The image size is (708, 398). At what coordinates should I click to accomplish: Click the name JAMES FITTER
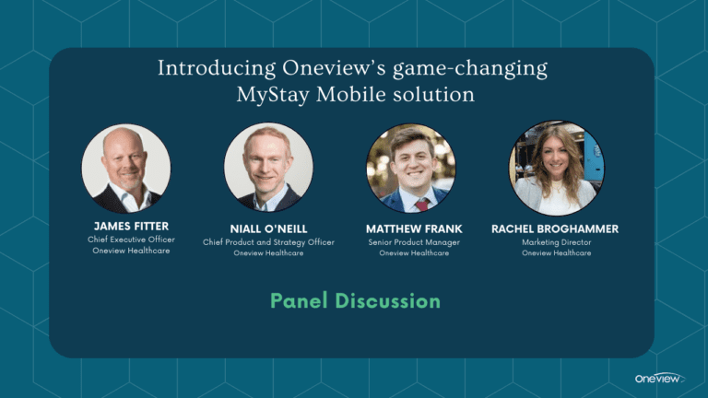(x=132, y=226)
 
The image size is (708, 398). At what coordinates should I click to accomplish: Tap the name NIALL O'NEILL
(x=268, y=228)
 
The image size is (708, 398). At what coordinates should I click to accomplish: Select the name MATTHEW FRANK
(x=414, y=228)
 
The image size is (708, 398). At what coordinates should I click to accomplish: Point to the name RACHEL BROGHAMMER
(x=555, y=228)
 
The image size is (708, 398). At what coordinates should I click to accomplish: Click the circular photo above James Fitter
(x=126, y=169)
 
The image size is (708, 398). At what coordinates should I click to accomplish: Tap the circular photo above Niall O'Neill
(x=268, y=167)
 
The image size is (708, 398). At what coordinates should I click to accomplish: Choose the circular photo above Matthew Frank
(x=411, y=168)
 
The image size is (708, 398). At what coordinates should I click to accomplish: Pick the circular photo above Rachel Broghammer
(x=557, y=168)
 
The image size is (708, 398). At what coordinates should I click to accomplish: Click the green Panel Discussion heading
(x=355, y=301)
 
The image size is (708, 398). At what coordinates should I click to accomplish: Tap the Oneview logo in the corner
(x=660, y=378)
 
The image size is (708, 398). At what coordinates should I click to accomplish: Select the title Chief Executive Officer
(x=132, y=240)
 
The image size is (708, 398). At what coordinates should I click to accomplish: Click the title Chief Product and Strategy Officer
(x=268, y=242)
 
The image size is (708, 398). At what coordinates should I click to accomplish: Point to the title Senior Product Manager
(x=414, y=242)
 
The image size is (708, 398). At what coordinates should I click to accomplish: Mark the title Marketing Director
(x=557, y=242)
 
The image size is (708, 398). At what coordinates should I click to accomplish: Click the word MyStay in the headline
(x=273, y=95)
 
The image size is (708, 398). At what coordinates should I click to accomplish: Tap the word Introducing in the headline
(x=217, y=68)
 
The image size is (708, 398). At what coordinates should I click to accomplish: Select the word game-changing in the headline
(x=470, y=69)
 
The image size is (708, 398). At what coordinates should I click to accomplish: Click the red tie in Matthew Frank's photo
(x=422, y=205)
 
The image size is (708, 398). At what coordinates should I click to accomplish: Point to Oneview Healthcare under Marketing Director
(x=557, y=253)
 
